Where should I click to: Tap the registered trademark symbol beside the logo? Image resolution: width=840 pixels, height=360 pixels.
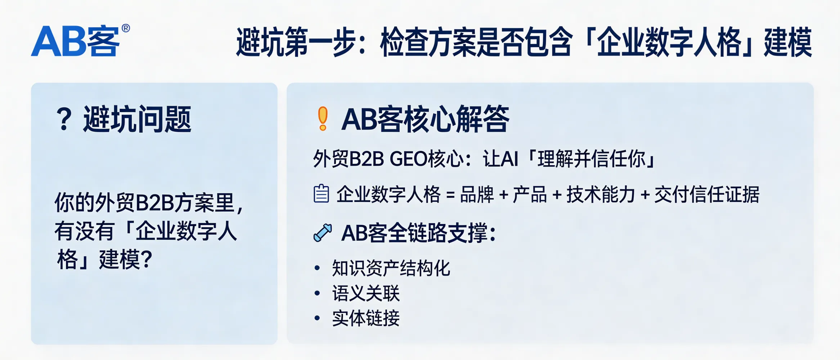click(126, 28)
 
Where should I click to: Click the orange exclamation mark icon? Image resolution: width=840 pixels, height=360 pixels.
click(323, 118)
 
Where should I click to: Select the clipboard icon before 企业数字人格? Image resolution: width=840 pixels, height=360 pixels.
click(321, 194)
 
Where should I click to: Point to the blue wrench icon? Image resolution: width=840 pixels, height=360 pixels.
click(322, 233)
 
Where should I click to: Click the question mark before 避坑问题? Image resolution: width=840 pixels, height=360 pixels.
click(64, 120)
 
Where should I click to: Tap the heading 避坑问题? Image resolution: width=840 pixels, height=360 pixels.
click(137, 120)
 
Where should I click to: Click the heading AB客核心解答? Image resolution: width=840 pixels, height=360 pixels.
click(425, 119)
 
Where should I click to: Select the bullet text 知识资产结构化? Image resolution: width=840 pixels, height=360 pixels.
click(391, 268)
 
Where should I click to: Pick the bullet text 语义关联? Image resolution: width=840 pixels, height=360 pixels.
click(366, 293)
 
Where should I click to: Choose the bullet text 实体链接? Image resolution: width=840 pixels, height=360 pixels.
click(366, 318)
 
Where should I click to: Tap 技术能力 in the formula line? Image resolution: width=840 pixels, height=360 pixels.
click(601, 195)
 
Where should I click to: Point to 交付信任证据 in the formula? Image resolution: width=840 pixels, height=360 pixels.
click(707, 195)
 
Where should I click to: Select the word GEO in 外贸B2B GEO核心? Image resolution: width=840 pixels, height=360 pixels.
click(408, 159)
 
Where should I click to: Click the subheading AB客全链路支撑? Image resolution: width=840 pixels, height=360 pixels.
click(418, 233)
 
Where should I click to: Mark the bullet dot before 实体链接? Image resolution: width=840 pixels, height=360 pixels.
click(317, 318)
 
